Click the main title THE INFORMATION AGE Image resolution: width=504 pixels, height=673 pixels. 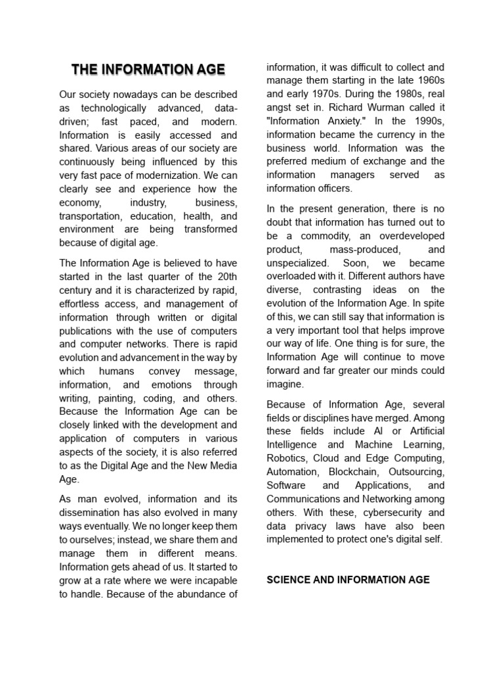(x=148, y=69)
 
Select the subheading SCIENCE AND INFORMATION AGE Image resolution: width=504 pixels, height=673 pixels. (x=348, y=579)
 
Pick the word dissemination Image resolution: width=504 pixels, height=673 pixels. (x=91, y=513)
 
